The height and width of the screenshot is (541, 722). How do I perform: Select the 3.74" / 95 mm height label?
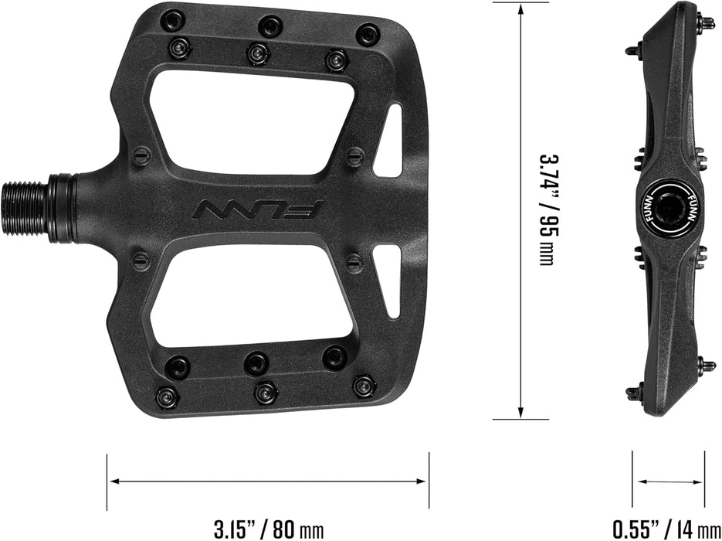tap(546, 209)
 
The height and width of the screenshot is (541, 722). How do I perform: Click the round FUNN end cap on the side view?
tap(667, 208)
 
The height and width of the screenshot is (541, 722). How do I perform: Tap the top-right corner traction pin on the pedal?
tap(368, 34)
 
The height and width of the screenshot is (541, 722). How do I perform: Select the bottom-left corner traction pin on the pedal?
tap(167, 397)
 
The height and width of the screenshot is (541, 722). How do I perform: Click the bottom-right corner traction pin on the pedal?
tap(363, 384)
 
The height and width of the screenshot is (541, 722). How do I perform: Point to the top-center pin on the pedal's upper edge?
tap(269, 25)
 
